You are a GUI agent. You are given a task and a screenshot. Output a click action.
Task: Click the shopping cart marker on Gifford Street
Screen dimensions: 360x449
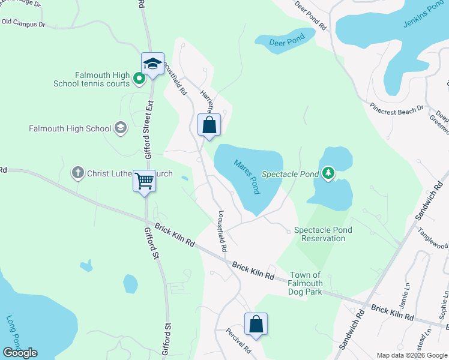pyautogui.click(x=144, y=181)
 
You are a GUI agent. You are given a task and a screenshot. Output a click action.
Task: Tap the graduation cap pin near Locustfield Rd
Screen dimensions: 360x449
pyautogui.click(x=152, y=64)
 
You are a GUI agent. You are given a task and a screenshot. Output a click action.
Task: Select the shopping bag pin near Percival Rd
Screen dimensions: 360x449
pyautogui.click(x=256, y=323)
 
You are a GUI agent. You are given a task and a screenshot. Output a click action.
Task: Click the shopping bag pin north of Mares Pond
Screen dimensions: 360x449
pyautogui.click(x=209, y=126)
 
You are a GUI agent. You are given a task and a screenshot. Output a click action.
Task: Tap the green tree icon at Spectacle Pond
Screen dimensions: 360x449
pyautogui.click(x=328, y=173)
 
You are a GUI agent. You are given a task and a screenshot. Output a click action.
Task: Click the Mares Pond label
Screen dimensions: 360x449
pyautogui.click(x=247, y=176)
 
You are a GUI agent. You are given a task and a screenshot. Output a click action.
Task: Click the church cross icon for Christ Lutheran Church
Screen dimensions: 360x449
pyautogui.click(x=77, y=173)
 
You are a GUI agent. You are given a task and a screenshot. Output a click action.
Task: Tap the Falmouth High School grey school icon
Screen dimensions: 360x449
pyautogui.click(x=121, y=128)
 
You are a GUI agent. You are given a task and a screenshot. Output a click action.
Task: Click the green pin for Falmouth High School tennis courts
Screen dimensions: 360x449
pyautogui.click(x=139, y=79)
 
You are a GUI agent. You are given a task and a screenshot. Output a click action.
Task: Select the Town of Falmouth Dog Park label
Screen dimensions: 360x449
pyautogui.click(x=305, y=283)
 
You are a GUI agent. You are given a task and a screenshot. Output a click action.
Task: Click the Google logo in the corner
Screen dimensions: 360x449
pyautogui.click(x=20, y=353)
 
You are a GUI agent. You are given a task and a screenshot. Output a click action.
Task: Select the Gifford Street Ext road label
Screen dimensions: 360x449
pyautogui.click(x=150, y=123)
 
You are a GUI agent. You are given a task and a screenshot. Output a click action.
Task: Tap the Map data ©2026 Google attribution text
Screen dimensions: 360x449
pyautogui.click(x=411, y=355)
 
